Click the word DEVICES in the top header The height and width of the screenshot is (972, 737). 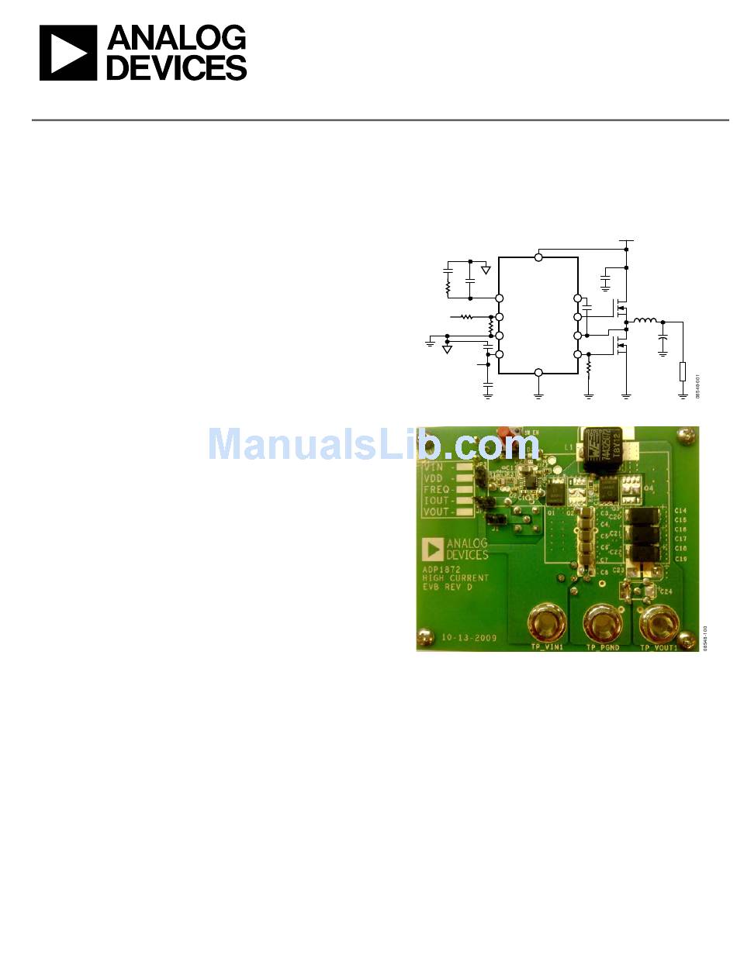pyautogui.click(x=176, y=68)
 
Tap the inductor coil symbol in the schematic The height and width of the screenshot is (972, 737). pyautogui.click(x=645, y=321)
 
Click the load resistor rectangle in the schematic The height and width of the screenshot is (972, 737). pyautogui.click(x=683, y=371)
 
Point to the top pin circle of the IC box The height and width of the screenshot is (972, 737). pyautogui.click(x=538, y=257)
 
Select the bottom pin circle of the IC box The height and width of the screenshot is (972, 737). pyautogui.click(x=538, y=373)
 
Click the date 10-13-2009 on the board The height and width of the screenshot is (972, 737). pyautogui.click(x=469, y=638)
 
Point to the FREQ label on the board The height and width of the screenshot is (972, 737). pyautogui.click(x=437, y=489)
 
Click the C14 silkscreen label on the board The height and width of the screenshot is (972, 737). pyautogui.click(x=680, y=511)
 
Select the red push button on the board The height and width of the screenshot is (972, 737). pyautogui.click(x=508, y=432)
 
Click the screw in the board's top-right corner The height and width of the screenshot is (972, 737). pyautogui.click(x=685, y=437)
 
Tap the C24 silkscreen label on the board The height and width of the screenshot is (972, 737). pyautogui.click(x=666, y=591)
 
